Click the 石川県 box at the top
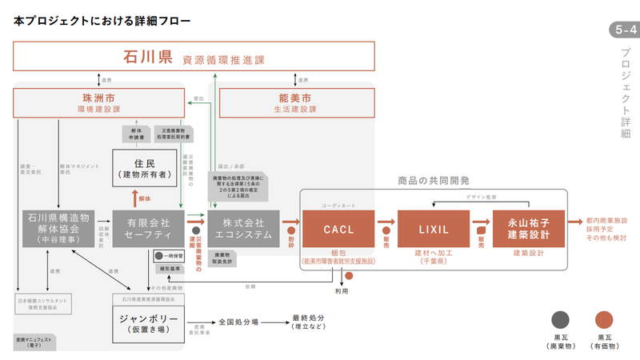(x=195, y=58)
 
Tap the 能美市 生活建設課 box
(x=297, y=102)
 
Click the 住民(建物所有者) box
(x=144, y=167)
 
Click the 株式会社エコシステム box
(x=244, y=229)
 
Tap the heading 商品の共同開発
(x=433, y=181)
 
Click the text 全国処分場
(x=238, y=322)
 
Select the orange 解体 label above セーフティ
(x=145, y=197)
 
